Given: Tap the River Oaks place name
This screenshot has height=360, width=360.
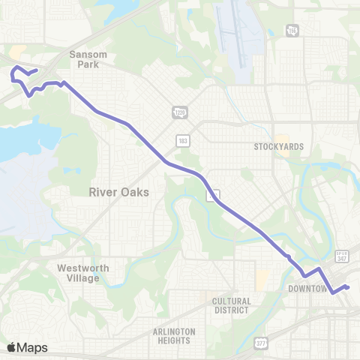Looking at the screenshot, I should [118, 192].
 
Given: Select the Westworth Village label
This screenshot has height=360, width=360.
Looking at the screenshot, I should [82, 273].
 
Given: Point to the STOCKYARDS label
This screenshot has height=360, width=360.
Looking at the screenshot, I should [278, 146].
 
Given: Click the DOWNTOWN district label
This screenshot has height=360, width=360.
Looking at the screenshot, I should [308, 288].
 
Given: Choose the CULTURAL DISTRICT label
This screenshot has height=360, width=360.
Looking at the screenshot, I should [231, 305].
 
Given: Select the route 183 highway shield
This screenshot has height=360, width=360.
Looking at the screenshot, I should [183, 140].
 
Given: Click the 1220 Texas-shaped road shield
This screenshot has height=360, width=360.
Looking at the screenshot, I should [179, 112].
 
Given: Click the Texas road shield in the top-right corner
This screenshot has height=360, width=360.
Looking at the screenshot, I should [290, 31].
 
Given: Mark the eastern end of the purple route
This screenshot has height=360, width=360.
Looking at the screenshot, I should [348, 287].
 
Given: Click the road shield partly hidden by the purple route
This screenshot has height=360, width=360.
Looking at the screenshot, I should [214, 194].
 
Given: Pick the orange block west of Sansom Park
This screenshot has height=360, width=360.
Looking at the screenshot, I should [17, 52].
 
